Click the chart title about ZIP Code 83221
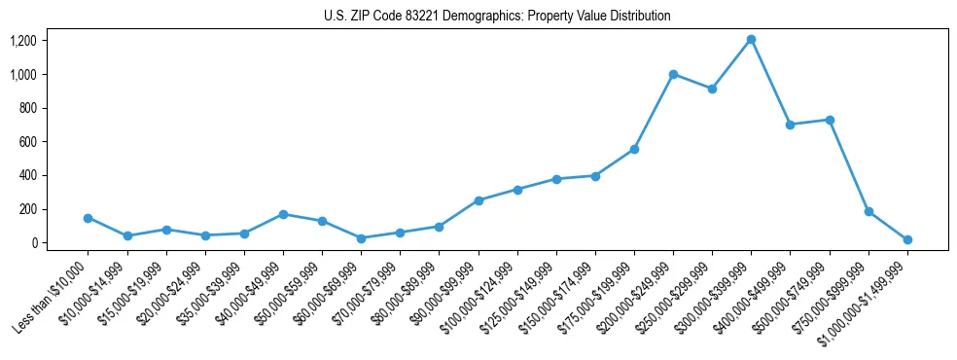click(497, 17)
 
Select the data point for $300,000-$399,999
click(751, 40)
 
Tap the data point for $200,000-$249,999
click(673, 74)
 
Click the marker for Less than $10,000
click(88, 218)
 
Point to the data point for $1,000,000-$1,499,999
click(907, 239)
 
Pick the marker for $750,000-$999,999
click(868, 211)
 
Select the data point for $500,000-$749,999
click(830, 120)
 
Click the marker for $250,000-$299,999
click(712, 89)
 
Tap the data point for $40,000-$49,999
click(283, 214)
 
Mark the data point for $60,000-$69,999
click(361, 238)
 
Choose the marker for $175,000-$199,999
click(634, 149)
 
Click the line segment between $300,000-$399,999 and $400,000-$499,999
click(770, 83)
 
